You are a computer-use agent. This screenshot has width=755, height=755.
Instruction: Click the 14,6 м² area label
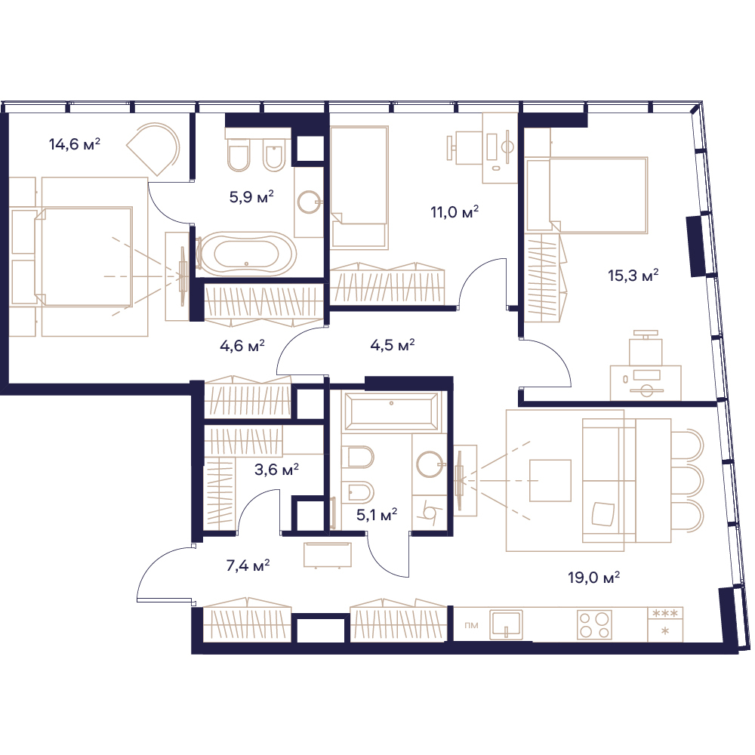[75, 144]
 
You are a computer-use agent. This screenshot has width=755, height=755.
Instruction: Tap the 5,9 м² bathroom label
[251, 196]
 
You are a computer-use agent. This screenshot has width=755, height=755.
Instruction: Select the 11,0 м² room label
[455, 212]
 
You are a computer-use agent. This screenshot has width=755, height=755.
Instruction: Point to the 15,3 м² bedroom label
[633, 276]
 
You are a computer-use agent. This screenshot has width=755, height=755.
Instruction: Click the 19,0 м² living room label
[593, 577]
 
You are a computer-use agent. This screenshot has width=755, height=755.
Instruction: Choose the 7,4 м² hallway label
[248, 565]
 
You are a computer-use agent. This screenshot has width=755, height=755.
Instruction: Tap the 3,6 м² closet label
[276, 470]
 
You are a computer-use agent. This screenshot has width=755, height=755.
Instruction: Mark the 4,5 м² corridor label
[393, 345]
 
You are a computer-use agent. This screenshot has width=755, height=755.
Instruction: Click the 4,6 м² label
[242, 346]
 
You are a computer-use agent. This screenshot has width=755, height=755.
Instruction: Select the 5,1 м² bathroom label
[377, 515]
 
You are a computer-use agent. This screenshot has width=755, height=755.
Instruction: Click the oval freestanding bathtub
[247, 254]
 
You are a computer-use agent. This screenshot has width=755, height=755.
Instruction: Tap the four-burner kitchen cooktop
[595, 624]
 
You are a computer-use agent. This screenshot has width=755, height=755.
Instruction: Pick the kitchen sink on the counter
[506, 624]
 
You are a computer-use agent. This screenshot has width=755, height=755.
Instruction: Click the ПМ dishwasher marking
[472, 625]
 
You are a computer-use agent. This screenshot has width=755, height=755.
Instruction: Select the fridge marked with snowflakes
[665, 624]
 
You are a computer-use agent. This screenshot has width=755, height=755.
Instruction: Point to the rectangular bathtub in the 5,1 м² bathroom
[391, 411]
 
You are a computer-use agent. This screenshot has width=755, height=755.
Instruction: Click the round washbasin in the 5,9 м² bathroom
[309, 202]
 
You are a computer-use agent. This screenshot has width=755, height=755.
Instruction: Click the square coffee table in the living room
[550, 480]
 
